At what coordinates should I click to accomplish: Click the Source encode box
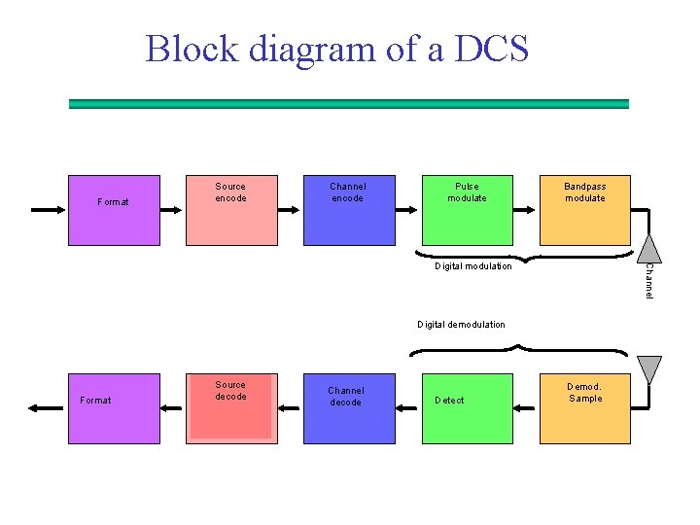click(231, 210)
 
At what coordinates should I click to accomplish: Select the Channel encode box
click(349, 210)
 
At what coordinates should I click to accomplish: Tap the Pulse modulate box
click(468, 210)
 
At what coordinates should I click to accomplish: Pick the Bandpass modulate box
click(585, 210)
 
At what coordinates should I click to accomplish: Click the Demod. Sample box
click(585, 408)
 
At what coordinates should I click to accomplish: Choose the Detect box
click(468, 408)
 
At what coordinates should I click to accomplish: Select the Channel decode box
click(349, 408)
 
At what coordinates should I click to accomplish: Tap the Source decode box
click(231, 408)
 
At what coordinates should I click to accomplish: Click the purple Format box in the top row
click(114, 210)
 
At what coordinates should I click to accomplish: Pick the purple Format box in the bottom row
click(114, 408)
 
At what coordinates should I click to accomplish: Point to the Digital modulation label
click(473, 266)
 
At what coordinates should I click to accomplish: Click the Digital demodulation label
click(461, 325)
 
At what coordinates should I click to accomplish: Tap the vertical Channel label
click(649, 281)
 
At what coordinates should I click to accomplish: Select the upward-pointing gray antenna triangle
click(649, 249)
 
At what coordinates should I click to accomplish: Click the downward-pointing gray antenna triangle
click(649, 369)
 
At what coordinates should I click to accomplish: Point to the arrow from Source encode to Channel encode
click(289, 210)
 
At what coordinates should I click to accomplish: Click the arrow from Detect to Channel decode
click(406, 408)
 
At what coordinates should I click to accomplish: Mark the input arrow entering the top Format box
click(48, 210)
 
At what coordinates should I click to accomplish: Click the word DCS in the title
click(492, 49)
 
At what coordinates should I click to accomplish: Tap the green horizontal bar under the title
click(349, 104)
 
